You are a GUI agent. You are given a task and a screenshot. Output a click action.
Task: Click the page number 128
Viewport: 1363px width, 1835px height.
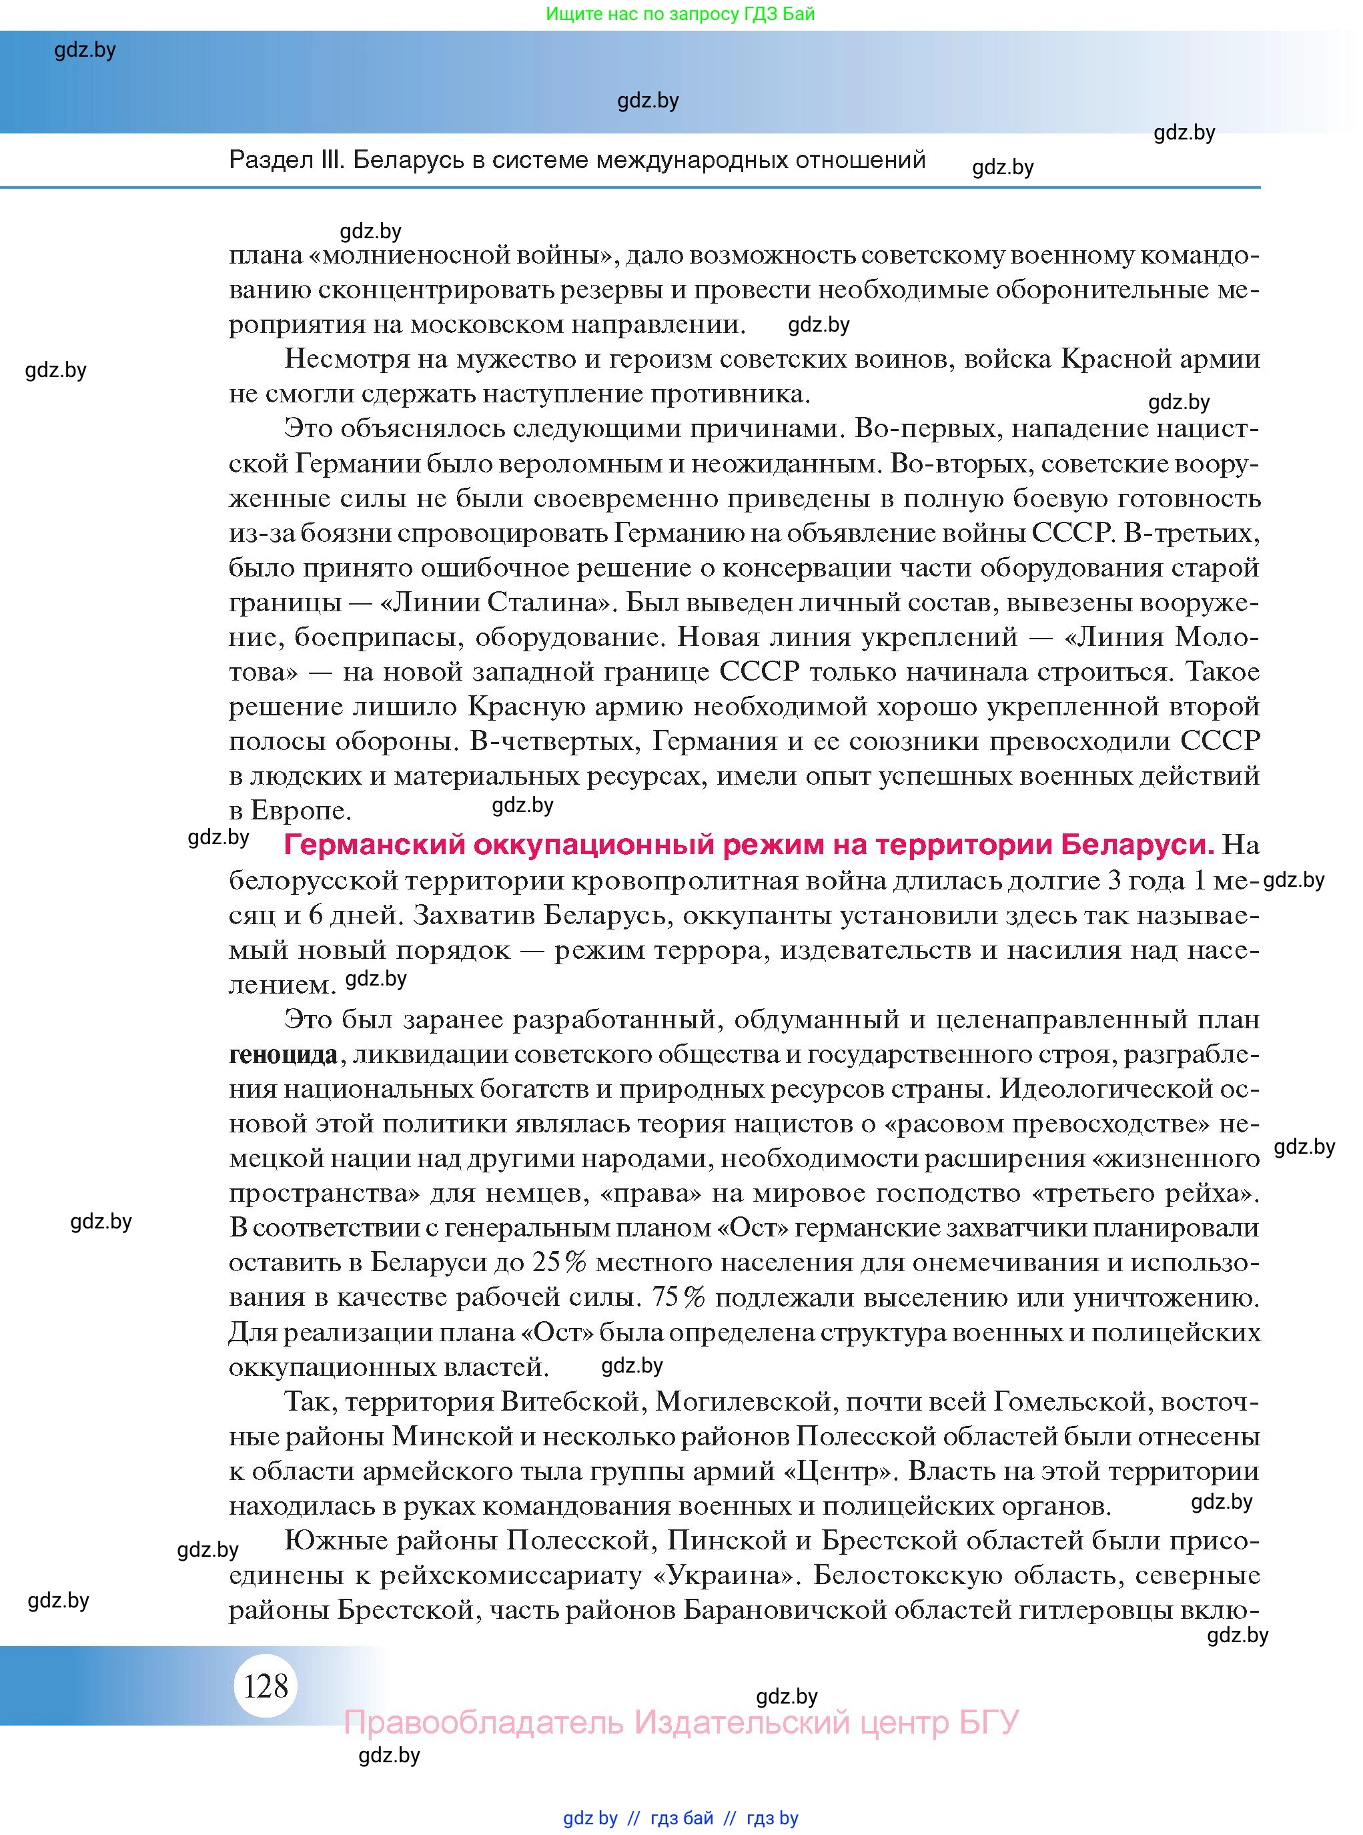(266, 1685)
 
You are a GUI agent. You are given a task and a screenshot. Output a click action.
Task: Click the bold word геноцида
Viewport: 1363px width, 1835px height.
(283, 1054)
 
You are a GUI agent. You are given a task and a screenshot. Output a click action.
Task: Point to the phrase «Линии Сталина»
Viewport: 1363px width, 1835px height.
(496, 603)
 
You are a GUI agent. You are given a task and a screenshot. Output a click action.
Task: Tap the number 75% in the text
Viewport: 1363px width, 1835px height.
(678, 1298)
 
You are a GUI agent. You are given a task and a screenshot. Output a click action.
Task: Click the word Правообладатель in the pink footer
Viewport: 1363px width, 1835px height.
(484, 1723)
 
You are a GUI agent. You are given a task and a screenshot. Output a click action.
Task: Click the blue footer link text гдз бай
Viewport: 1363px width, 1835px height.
(682, 1818)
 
